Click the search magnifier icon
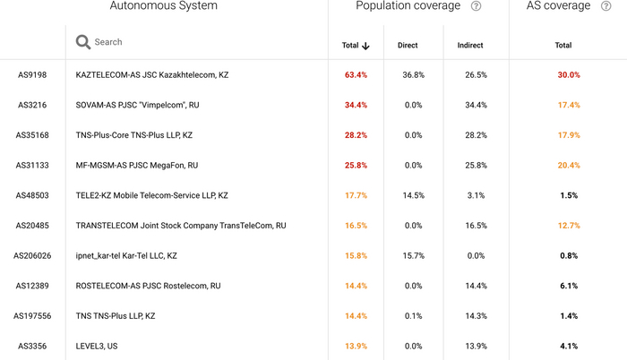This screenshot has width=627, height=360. point(83,42)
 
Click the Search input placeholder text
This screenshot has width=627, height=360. point(108,42)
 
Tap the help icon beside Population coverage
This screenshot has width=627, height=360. point(477,6)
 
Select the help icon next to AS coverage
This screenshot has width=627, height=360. point(606,6)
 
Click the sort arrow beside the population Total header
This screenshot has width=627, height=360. point(365,46)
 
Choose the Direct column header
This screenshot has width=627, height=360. point(408,45)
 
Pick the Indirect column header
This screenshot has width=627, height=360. point(470,45)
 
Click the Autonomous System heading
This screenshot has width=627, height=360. point(163,6)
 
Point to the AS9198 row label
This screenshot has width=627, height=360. point(32,75)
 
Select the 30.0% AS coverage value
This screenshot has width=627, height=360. point(569,75)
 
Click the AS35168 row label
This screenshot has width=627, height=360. point(32,135)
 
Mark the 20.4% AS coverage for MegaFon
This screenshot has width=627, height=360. point(569,166)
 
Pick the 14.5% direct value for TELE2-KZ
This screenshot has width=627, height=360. point(413,195)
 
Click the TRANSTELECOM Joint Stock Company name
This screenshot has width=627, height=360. point(181,226)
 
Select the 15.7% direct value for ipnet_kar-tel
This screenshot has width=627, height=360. point(413,255)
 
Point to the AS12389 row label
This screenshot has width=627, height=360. point(32,286)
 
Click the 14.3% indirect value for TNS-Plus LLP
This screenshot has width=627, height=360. point(476,316)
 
